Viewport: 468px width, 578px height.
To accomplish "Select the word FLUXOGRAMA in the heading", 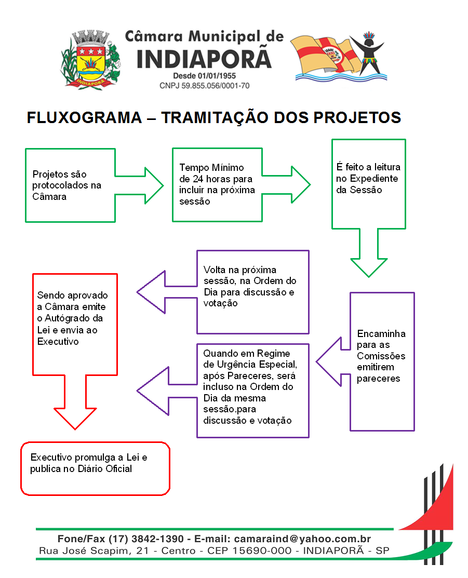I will click(84, 118).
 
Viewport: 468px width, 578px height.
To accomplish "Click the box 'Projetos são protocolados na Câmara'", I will click(70, 185).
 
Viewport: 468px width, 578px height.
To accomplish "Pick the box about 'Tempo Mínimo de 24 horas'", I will click(217, 184).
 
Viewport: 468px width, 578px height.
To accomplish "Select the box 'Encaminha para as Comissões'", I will click(382, 356).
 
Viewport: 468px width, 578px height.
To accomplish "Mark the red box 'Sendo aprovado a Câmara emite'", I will click(75, 318).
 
